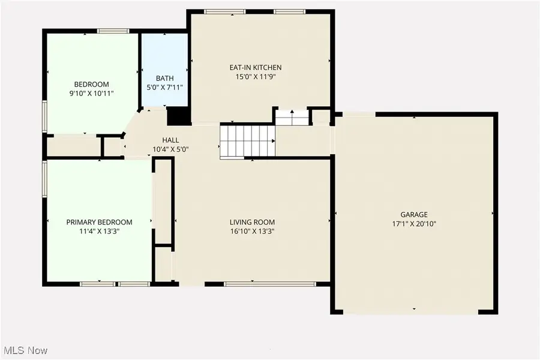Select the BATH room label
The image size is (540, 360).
click(x=164, y=78)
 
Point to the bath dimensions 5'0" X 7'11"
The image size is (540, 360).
click(x=164, y=88)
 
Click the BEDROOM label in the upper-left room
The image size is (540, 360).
click(x=91, y=84)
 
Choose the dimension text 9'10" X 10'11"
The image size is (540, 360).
click(x=91, y=93)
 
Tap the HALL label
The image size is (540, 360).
click(x=170, y=140)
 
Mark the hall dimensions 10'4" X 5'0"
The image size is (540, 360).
click(x=170, y=149)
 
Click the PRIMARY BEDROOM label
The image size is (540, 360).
click(x=99, y=222)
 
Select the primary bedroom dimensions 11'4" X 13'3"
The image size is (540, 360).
click(x=99, y=231)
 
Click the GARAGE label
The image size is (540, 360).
click(x=414, y=214)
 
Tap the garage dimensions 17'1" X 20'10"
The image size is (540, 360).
click(x=414, y=223)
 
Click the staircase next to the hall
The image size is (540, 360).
click(x=247, y=141)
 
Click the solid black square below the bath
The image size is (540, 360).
click(x=178, y=115)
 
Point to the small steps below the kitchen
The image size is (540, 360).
click(x=292, y=117)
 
